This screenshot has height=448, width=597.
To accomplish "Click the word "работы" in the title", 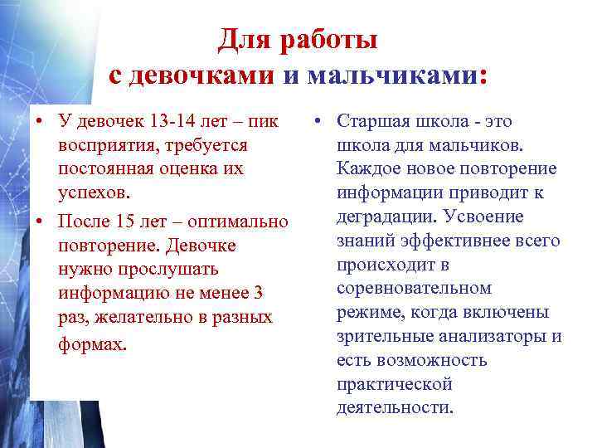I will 332,39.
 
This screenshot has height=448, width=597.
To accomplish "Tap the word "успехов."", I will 93,193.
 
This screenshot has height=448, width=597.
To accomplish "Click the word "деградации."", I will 386,217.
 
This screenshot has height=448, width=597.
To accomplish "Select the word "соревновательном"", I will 414,289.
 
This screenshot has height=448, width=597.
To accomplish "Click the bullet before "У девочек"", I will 38,121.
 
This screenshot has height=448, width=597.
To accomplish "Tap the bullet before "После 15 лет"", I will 38,222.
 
